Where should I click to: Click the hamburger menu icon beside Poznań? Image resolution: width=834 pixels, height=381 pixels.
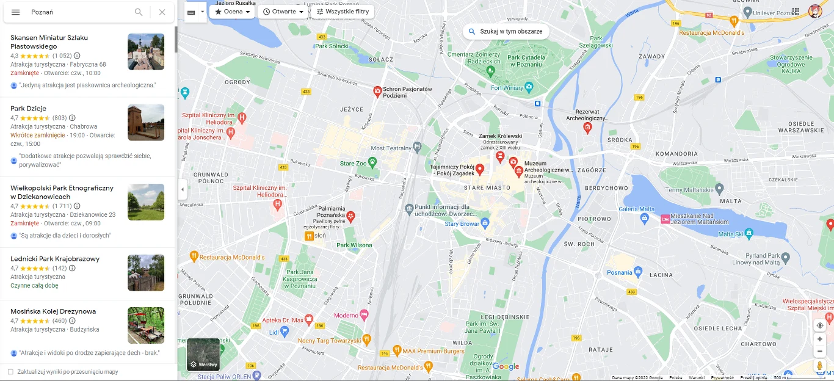pyautogui.click(x=16, y=12)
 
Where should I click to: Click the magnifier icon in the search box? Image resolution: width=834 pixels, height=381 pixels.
pyautogui.click(x=139, y=12)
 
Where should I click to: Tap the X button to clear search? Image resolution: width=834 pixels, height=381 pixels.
pyautogui.click(x=162, y=12)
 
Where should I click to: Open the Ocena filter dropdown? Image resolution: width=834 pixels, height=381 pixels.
pyautogui.click(x=233, y=12)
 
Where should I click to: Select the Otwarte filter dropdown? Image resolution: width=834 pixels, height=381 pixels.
pyautogui.click(x=283, y=12)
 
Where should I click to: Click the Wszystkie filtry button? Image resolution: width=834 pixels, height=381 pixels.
pyautogui.click(x=343, y=12)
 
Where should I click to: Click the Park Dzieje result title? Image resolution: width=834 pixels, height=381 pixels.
pyautogui.click(x=28, y=109)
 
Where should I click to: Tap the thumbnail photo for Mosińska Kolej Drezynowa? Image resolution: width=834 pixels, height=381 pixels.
pyautogui.click(x=146, y=325)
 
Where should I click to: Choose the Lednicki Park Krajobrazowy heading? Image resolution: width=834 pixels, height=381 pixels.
pyautogui.click(x=55, y=259)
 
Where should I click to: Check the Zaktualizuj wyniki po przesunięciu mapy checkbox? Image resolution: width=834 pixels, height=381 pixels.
pyautogui.click(x=10, y=372)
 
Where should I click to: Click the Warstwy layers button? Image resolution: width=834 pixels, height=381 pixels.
pyautogui.click(x=203, y=355)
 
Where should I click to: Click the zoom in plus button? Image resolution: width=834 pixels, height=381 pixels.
pyautogui.click(x=820, y=339)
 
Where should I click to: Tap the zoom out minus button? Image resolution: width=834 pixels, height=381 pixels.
pyautogui.click(x=820, y=351)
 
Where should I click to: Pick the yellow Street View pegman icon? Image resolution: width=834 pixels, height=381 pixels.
pyautogui.click(x=820, y=366)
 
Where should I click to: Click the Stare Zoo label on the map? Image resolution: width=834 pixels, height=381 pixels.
pyautogui.click(x=353, y=164)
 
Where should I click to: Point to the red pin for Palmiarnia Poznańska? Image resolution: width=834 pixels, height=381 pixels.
pyautogui.click(x=350, y=216)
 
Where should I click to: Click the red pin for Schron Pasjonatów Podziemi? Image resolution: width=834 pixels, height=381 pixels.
pyautogui.click(x=377, y=92)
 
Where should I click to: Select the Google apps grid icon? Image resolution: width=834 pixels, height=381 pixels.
pyautogui.click(x=796, y=12)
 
